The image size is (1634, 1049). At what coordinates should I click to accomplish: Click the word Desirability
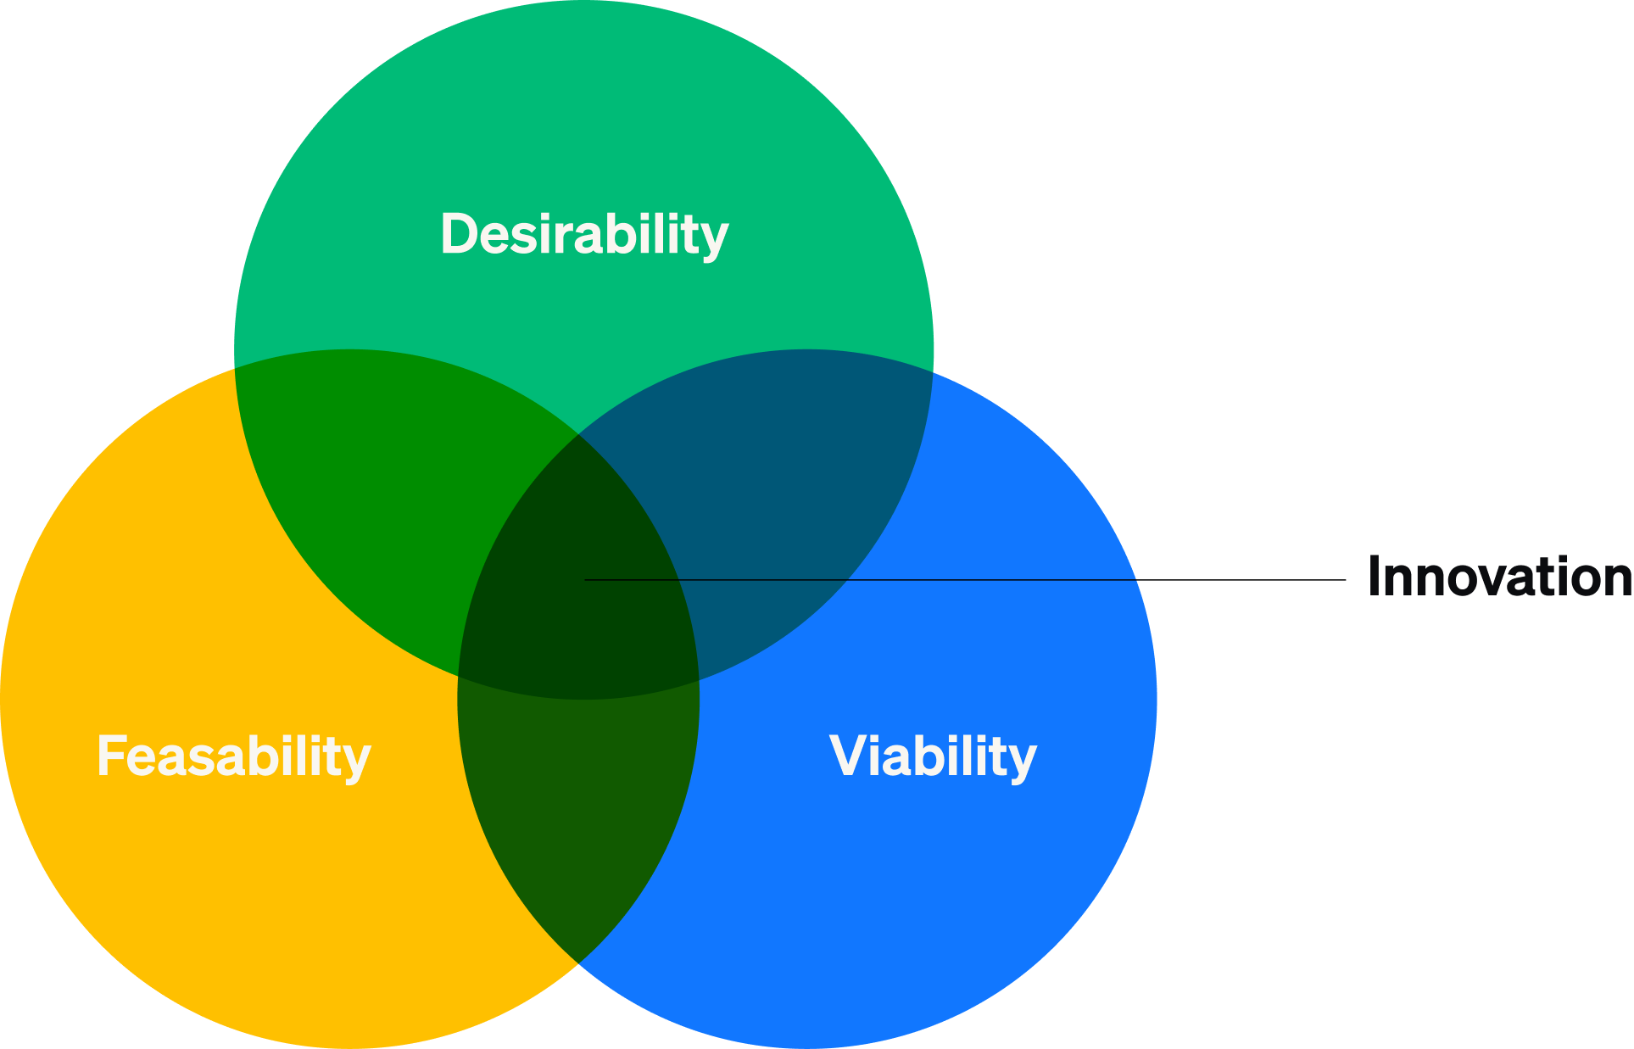(584, 234)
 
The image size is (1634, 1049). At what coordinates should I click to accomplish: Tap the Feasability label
(234, 756)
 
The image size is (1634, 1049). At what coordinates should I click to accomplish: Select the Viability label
(933, 756)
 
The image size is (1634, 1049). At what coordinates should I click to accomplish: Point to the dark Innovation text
(1499, 577)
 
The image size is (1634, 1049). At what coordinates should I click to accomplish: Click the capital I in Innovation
(1375, 577)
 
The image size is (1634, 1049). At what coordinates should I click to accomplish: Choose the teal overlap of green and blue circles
(789, 475)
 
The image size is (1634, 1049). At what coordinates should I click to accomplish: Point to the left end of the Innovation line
(586, 580)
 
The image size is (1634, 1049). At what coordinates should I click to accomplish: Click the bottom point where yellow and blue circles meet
(578, 963)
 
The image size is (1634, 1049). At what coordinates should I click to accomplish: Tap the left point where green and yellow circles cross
(235, 367)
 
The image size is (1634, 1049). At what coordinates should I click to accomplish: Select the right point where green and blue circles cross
(933, 371)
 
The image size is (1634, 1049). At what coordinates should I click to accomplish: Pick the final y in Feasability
(358, 760)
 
